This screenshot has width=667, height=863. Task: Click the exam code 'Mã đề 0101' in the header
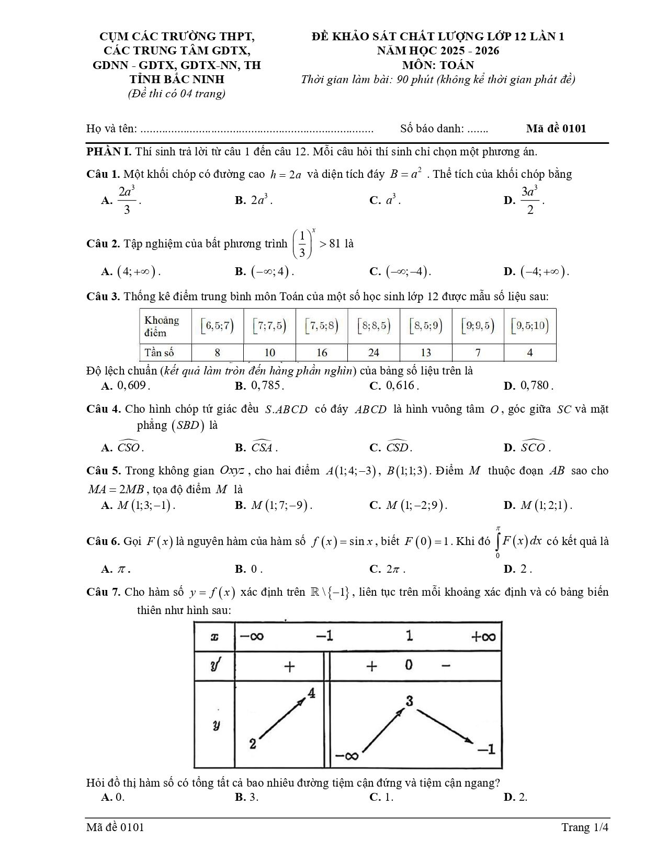(x=556, y=129)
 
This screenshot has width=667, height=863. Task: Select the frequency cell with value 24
(x=374, y=353)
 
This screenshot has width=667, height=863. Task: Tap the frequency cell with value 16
(x=322, y=353)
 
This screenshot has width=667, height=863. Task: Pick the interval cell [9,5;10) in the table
(x=530, y=326)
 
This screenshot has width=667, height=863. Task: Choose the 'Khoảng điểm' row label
(x=162, y=326)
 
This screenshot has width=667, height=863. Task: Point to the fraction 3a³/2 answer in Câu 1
(x=530, y=200)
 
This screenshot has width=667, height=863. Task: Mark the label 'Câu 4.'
(x=104, y=409)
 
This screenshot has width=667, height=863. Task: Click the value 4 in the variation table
(x=312, y=694)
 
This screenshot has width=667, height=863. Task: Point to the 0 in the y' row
(x=409, y=665)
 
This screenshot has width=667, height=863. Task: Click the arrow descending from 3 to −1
(x=445, y=725)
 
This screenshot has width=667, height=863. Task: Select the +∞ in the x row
(x=482, y=637)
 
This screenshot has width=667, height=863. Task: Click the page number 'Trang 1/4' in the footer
(x=585, y=827)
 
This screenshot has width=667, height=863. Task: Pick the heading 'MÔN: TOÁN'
(x=438, y=65)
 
